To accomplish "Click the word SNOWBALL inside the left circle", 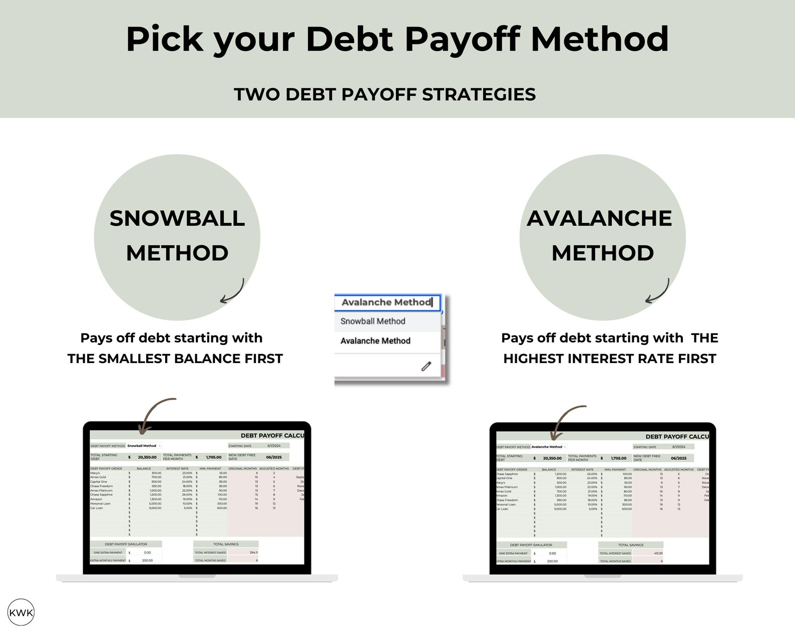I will point(177,218).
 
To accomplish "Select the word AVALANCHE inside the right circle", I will point(599,218).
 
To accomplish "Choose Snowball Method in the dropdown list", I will point(372,322).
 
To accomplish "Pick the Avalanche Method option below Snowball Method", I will point(375,341).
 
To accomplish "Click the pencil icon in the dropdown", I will point(426,366).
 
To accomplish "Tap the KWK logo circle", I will point(21,612).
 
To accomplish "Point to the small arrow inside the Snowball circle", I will point(233,292).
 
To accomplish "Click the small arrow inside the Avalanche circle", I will point(658,292).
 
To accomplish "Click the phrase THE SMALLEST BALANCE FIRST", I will point(175,359).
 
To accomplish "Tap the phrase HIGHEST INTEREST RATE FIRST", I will point(609,359).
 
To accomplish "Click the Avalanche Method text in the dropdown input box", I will point(386,302).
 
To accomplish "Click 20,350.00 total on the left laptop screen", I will point(147,457).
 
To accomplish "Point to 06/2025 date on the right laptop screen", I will point(678,458).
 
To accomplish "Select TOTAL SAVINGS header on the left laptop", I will point(226,544).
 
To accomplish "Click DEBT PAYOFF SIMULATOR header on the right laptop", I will point(531,545).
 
